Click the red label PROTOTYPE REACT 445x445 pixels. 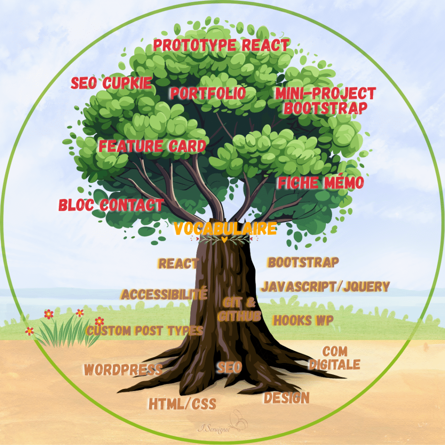(221, 45)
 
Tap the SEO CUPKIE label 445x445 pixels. (111, 83)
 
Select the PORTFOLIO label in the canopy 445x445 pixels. (207, 93)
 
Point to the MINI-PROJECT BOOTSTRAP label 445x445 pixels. (325, 100)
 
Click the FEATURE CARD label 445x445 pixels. (152, 146)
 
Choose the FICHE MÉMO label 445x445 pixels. (321, 183)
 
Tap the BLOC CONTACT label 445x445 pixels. (111, 205)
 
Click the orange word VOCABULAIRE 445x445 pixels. (225, 229)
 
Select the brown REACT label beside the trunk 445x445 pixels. (179, 263)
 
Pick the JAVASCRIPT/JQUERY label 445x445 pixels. (325, 287)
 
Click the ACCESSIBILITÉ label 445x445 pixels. (164, 294)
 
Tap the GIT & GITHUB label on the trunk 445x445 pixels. (239, 309)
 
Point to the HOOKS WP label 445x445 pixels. (303, 321)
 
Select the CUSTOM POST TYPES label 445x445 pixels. (144, 331)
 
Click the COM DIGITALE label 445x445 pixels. (335, 358)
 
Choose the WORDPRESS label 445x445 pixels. (123, 370)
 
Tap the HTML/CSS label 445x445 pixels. (182, 404)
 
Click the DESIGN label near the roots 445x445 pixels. (286, 398)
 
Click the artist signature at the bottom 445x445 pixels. (216, 428)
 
